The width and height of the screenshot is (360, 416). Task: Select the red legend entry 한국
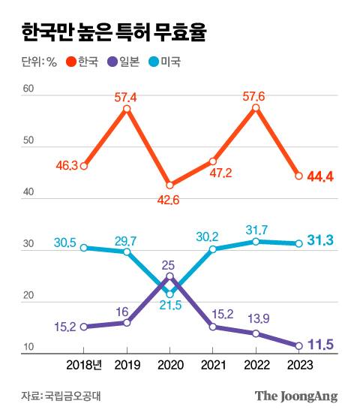(x=82, y=62)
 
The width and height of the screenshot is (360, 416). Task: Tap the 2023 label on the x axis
(x=298, y=364)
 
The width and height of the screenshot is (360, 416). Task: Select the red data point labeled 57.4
(x=127, y=109)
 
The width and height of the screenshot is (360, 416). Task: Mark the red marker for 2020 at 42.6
(x=169, y=185)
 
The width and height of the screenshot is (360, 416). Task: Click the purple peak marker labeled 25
(x=169, y=276)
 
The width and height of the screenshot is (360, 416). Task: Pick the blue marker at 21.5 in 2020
(x=169, y=294)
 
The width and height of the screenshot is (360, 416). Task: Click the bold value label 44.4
(x=320, y=176)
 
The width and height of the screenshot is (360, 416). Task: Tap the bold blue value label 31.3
(x=320, y=240)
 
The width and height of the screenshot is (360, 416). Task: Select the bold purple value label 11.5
(x=320, y=345)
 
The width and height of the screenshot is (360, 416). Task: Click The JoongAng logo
(x=296, y=396)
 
